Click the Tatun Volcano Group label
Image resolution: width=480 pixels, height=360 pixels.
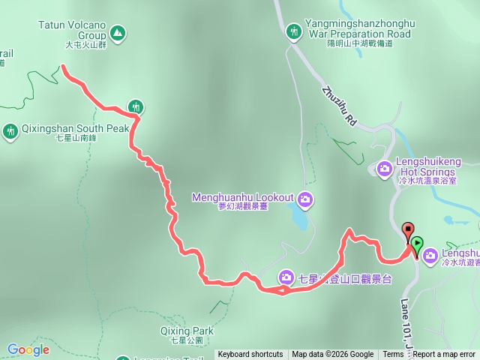(71, 28)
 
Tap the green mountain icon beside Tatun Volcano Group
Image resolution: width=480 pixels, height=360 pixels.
(117, 33)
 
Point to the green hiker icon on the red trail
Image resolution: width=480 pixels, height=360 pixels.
(135, 107)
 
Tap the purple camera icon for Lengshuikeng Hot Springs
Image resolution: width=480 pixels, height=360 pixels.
(385, 168)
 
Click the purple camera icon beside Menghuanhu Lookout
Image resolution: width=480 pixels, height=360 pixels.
(304, 199)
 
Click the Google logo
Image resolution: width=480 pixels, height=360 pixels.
(28, 349)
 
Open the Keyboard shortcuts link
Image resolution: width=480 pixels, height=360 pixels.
(250, 355)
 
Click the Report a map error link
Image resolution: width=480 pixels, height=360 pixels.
(444, 355)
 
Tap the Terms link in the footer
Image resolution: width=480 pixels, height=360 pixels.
(393, 355)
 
